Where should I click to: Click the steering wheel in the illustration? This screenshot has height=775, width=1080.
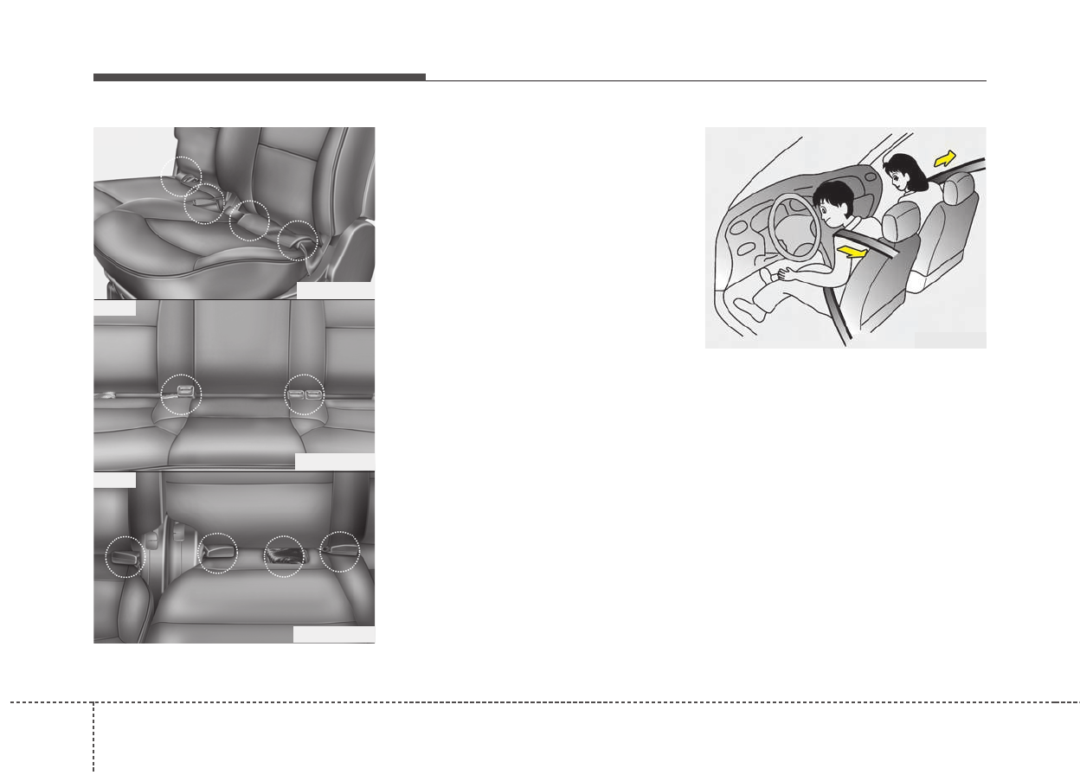coord(794,227)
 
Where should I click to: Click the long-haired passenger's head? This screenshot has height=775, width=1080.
coord(901,173)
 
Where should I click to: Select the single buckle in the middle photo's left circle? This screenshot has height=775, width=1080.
coord(184,393)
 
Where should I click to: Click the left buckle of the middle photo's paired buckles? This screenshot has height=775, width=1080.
coord(297,395)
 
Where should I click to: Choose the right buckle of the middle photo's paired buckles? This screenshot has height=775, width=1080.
coord(312,395)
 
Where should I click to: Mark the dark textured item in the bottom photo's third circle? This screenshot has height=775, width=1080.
coord(283,554)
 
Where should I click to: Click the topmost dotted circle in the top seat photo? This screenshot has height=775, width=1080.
coord(181,176)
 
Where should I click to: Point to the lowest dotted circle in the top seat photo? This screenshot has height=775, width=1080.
coord(299,240)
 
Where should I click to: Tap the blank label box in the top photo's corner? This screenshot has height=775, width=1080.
coord(335,291)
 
